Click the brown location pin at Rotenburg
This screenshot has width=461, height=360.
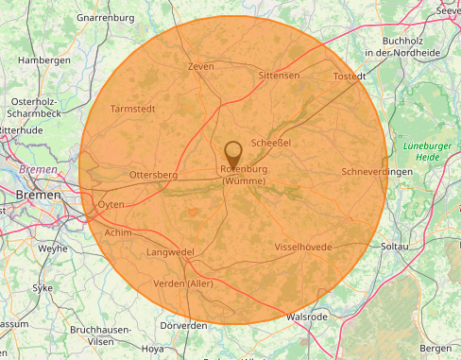coord(233,152)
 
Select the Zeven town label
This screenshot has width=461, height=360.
coord(200,66)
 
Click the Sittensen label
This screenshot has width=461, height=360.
coord(279,75)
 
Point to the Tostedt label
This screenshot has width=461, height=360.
coord(350,76)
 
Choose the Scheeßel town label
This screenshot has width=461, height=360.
coord(271,142)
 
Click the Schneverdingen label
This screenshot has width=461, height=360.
coord(377,172)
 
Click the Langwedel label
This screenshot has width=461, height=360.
coord(170,252)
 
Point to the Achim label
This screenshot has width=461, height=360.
coord(118,231)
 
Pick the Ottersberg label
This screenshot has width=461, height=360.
coord(153,175)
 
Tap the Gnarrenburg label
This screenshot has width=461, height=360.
coord(106,17)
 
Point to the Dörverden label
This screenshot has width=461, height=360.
coord(183,325)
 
